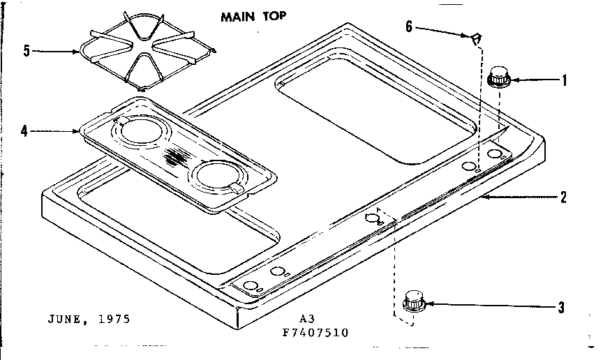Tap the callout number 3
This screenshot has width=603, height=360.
(x=562, y=306)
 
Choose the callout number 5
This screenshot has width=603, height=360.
(x=26, y=51)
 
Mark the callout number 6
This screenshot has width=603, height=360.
(x=409, y=27)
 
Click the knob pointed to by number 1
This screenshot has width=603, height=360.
(x=498, y=77)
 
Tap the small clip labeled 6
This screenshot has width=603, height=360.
(x=476, y=38)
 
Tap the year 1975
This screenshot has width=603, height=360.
(x=114, y=320)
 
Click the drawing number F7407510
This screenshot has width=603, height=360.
(x=314, y=332)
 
